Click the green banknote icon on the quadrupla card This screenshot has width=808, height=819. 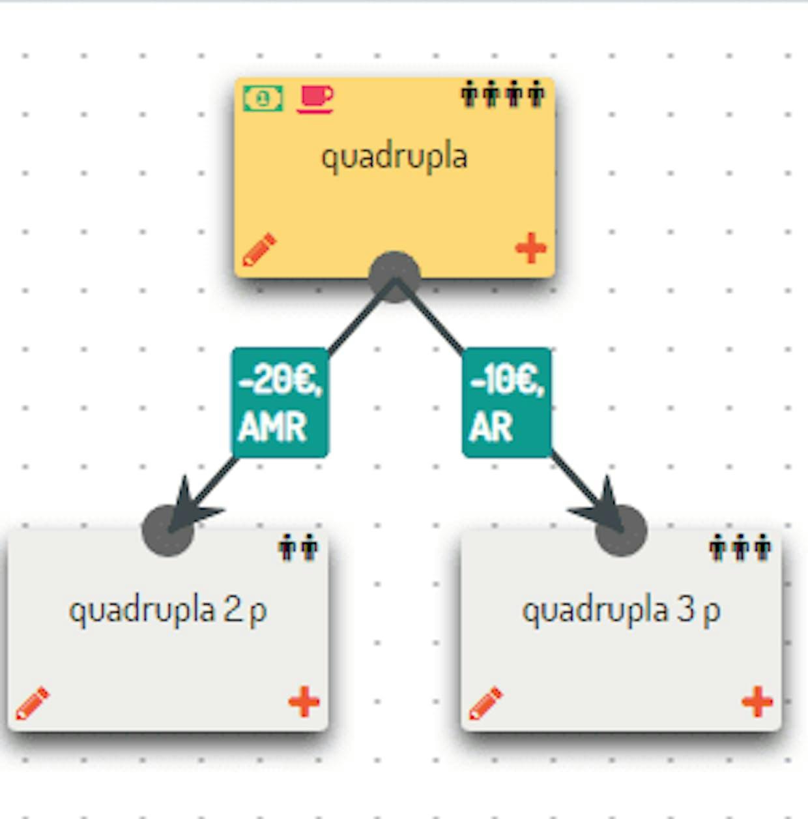[263, 98]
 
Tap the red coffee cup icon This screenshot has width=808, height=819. [315, 99]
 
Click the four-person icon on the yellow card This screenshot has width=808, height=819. [502, 94]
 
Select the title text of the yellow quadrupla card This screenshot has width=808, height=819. [394, 157]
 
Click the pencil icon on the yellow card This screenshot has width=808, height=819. [259, 250]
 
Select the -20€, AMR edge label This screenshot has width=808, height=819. [280, 402]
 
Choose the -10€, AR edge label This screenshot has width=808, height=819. [507, 402]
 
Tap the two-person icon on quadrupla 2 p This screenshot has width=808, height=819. [298, 547]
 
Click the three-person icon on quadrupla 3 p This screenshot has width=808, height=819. [740, 547]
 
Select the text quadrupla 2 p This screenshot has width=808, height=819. [167, 610]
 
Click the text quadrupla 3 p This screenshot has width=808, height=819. [621, 610]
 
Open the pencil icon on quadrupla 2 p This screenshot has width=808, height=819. [32, 703]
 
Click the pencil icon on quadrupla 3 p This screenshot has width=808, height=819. [485, 703]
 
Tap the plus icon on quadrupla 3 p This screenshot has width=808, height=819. [757, 702]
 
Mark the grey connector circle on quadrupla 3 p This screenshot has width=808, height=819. [621, 531]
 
